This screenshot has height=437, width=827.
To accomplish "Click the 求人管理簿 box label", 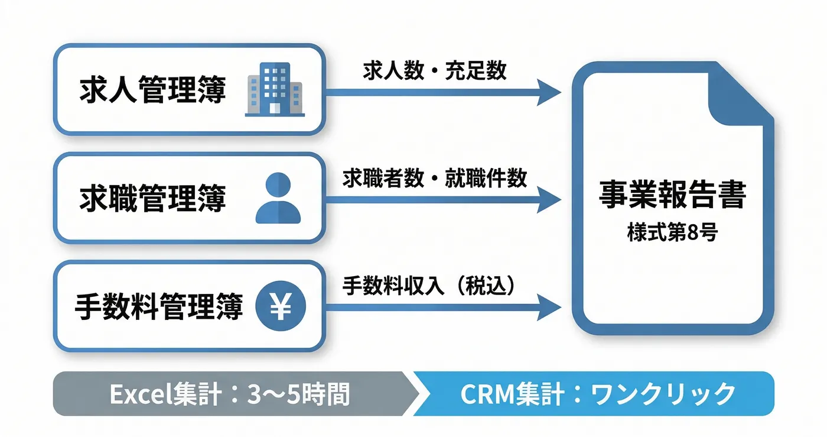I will point(152,90).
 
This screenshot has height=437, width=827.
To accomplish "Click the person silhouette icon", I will point(278,200).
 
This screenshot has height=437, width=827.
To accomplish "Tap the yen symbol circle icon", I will point(280,307).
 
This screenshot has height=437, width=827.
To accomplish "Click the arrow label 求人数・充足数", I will point(434,70).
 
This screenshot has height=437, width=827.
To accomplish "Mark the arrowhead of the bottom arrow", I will point(548,307).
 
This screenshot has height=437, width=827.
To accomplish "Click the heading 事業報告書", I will point(672,195).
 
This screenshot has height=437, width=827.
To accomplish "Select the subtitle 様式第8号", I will point(672,232).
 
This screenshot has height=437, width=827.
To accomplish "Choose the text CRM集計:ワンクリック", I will point(597,394).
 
